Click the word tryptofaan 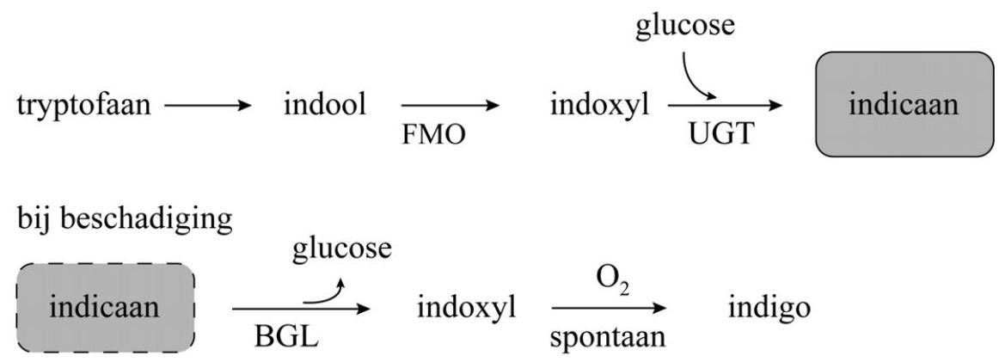point(83,107)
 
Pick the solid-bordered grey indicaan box point(903,104)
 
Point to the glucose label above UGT point(686,25)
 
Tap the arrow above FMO point(450,107)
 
